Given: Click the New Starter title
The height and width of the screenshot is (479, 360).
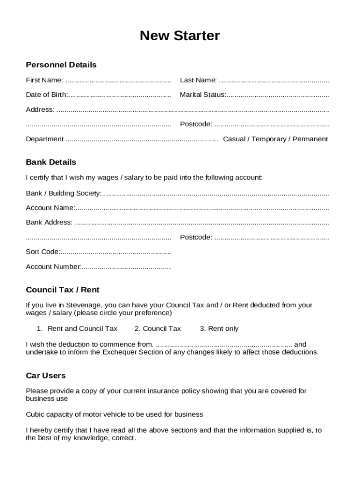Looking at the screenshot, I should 180,36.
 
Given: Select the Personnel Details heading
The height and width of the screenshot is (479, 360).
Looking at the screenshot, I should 61,65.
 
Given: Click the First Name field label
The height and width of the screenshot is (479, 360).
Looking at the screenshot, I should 44,80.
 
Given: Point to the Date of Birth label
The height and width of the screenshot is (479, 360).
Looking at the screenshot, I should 46,94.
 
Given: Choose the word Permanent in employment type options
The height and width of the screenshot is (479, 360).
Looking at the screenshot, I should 310,139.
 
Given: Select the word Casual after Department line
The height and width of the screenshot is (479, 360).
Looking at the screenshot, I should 234,139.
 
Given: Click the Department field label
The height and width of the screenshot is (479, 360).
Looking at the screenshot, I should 44,139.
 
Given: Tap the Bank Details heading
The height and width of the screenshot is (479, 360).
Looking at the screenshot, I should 50,162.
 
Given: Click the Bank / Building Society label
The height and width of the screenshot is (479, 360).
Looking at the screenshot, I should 63,193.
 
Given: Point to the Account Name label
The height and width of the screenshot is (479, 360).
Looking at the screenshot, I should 50,208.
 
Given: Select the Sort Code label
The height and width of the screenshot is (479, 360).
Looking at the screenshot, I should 42,252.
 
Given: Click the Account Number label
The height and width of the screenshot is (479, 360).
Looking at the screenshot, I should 53,267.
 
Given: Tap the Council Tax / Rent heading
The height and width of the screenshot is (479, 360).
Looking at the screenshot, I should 62,290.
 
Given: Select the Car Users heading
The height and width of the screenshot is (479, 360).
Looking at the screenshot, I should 45,376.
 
